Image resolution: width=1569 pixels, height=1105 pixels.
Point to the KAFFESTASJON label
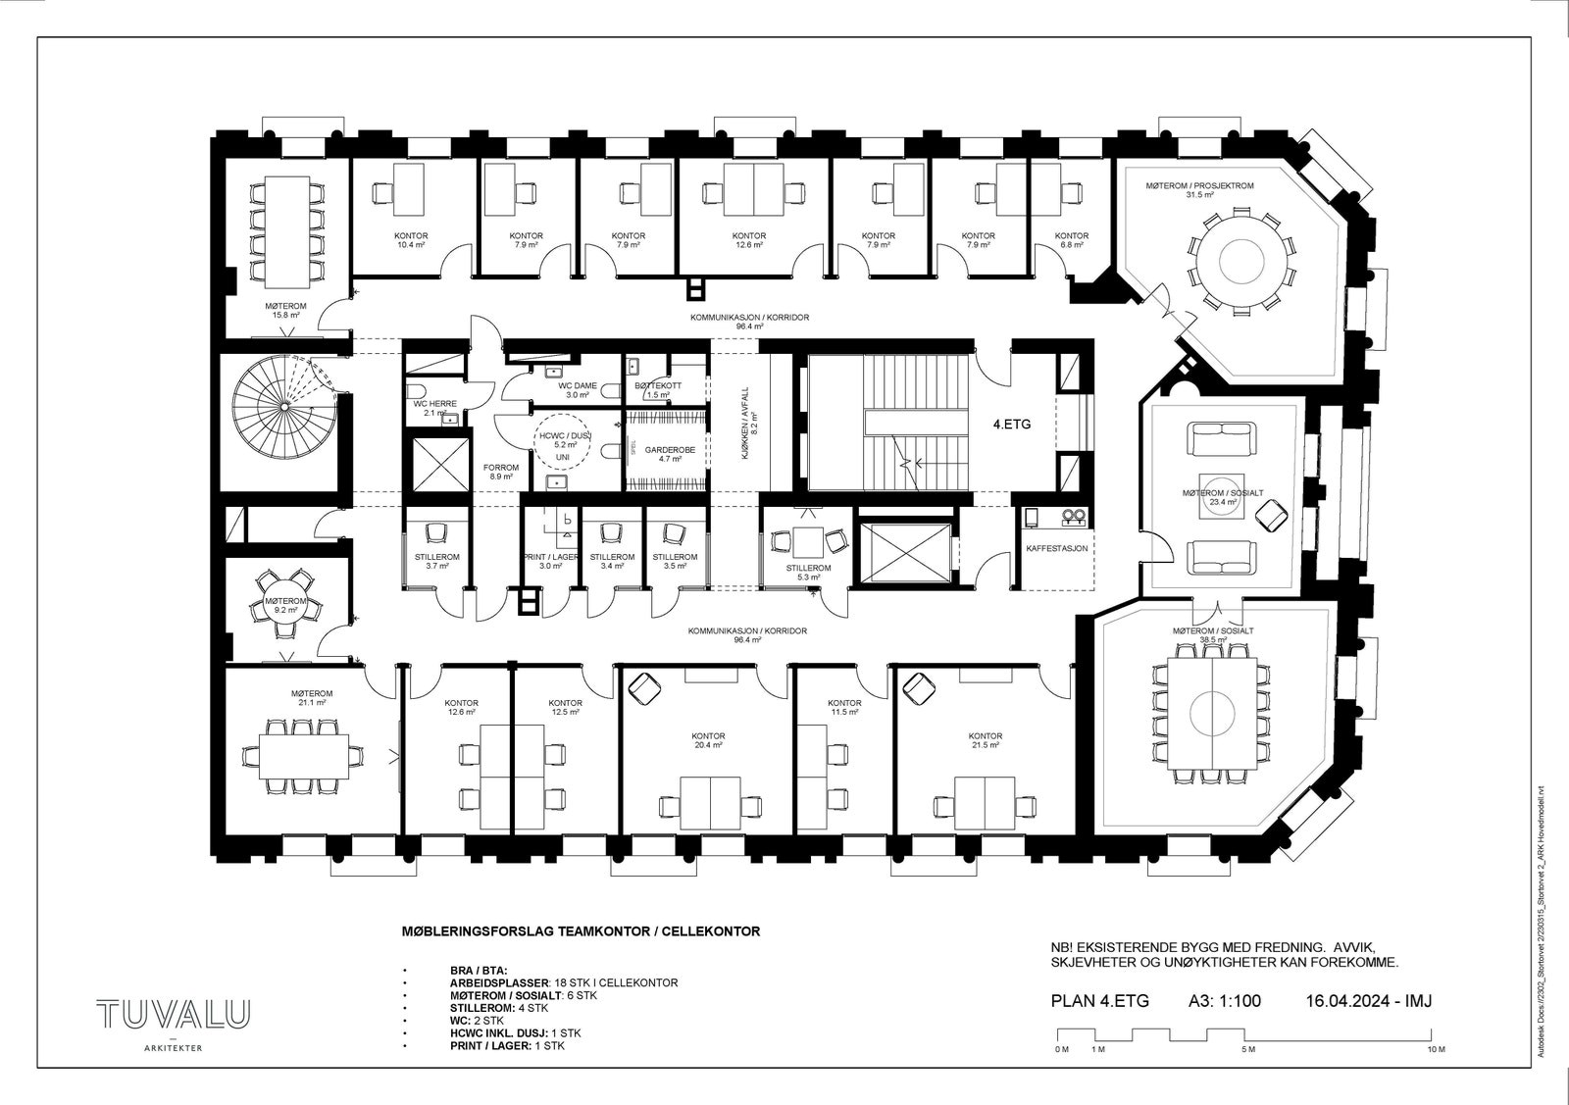point(1056,548)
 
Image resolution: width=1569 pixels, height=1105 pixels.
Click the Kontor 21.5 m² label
point(985,740)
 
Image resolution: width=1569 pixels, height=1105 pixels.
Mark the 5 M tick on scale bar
point(1247,1049)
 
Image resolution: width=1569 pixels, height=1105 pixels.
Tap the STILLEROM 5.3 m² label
point(808,573)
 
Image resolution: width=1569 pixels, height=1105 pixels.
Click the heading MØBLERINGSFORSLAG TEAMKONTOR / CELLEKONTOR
point(582,930)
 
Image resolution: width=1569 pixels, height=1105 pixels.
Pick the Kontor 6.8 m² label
point(1071,240)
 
